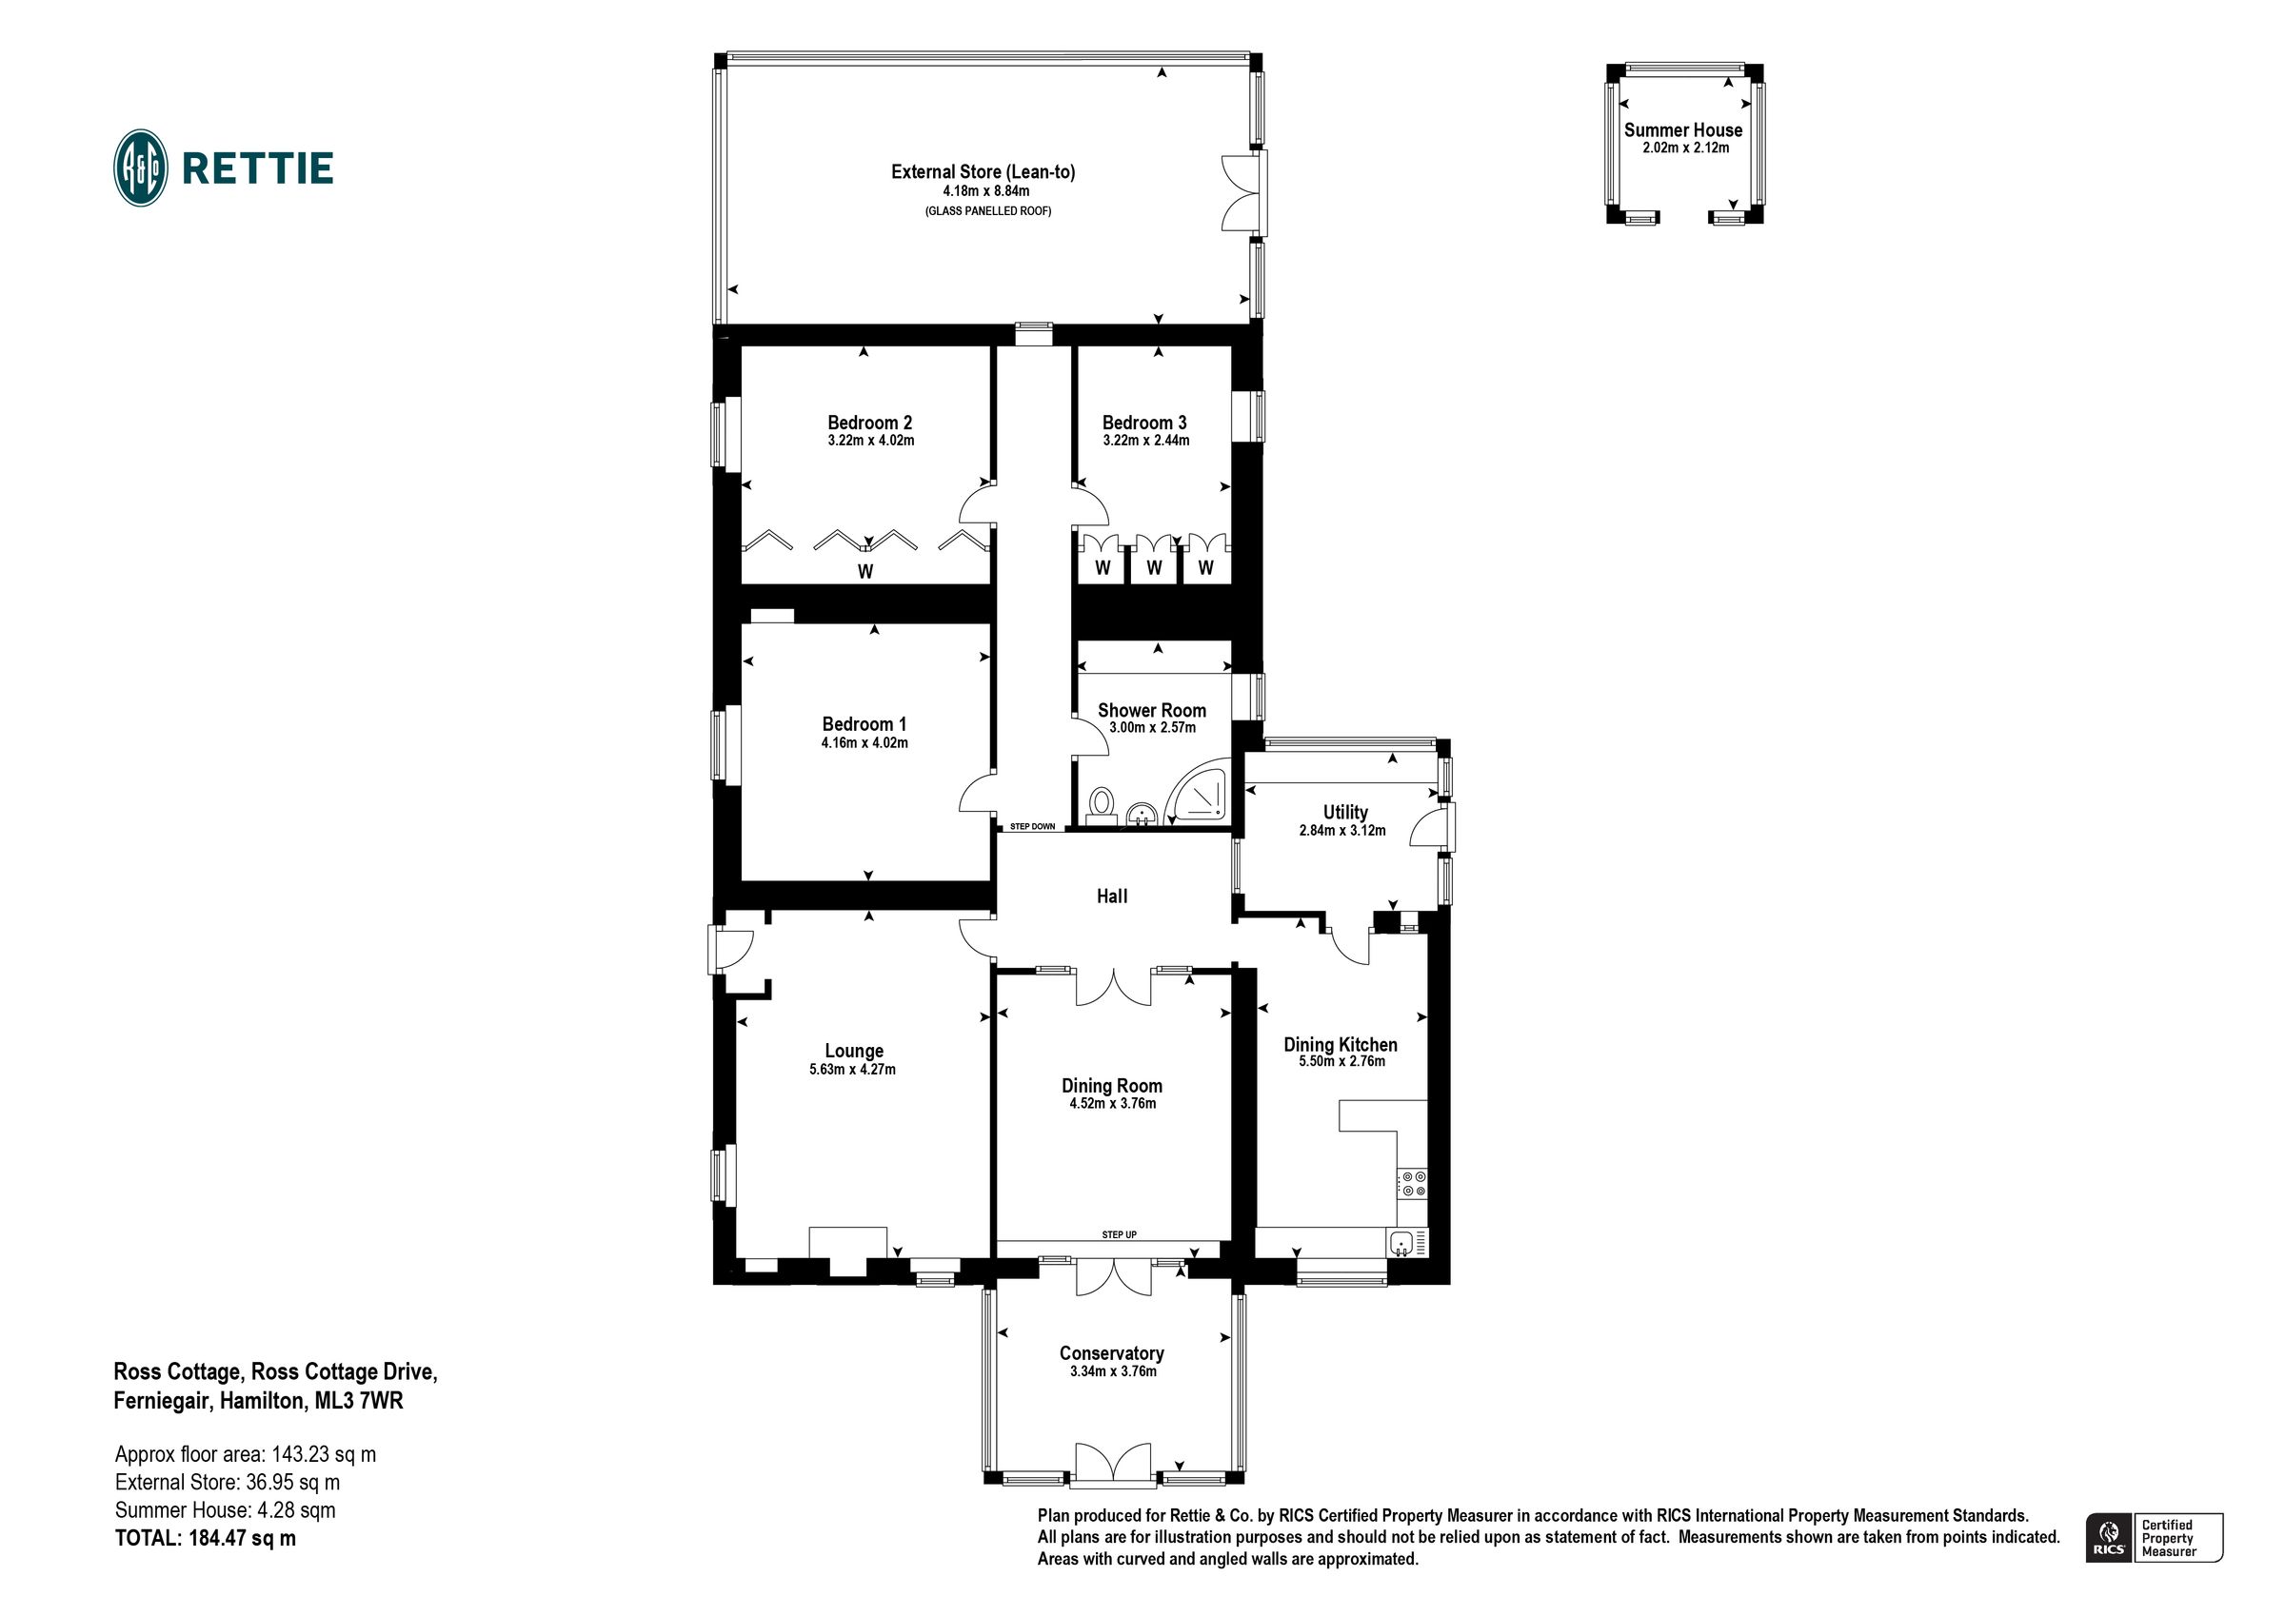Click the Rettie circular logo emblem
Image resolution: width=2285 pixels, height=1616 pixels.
[x=140, y=168]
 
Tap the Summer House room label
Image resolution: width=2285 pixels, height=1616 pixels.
[x=1683, y=129]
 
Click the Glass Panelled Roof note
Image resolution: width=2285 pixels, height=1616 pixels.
[x=987, y=211]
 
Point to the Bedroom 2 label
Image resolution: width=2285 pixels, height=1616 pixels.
[x=870, y=422]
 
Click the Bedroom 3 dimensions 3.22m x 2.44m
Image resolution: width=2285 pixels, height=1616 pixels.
[x=1145, y=440]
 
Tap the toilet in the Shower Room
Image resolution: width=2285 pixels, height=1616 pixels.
[x=1101, y=804]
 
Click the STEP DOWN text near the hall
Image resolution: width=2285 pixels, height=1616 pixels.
[x=1032, y=827]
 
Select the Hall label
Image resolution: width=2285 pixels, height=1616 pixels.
[x=1112, y=897]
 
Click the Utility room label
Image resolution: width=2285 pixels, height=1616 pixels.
[x=1344, y=812]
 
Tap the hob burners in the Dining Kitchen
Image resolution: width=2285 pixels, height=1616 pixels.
[x=1412, y=1183]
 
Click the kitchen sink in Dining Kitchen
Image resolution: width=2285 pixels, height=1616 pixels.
[x=1401, y=1242]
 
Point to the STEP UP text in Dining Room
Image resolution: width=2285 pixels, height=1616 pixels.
[x=1119, y=1235]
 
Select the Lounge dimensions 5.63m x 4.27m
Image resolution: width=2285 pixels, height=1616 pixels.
[x=852, y=1070]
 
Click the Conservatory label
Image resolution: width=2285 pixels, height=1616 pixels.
[x=1111, y=1353]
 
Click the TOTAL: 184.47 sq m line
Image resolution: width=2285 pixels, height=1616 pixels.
[x=205, y=1537]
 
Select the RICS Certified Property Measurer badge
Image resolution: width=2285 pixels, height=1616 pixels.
[x=2154, y=1537]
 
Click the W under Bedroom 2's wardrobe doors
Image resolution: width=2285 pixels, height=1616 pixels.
[x=864, y=571]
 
